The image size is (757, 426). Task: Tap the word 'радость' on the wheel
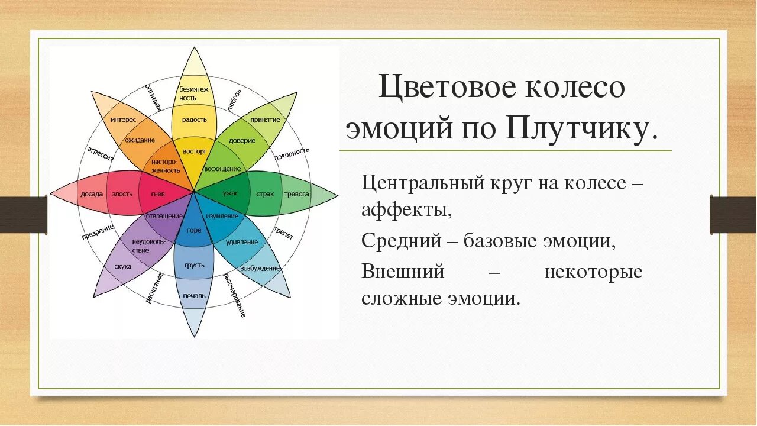[194, 120]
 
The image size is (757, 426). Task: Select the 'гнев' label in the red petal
[157, 194]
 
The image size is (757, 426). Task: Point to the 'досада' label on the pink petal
[92, 194]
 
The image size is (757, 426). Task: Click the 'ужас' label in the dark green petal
[230, 193]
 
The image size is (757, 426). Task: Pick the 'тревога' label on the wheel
[296, 193]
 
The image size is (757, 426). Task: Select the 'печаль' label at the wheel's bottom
[194, 295]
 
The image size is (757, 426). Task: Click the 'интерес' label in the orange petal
[123, 120]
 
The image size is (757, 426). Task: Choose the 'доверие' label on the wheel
[243, 140]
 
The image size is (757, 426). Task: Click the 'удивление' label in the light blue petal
[241, 241]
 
